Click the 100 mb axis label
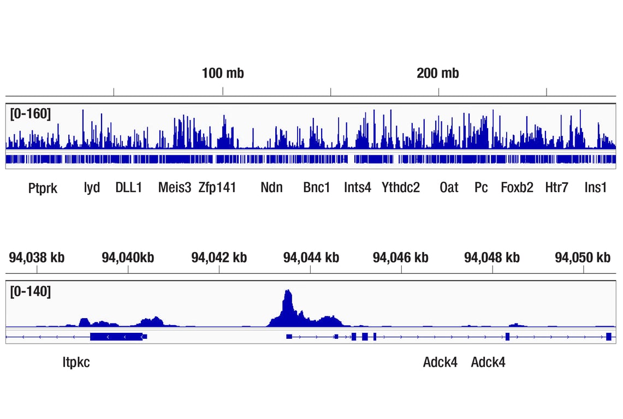point(223,73)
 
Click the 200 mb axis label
point(438,73)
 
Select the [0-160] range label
point(31,113)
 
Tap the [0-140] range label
point(31,292)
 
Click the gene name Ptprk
point(43,188)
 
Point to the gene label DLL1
point(129,188)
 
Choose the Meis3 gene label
point(175,188)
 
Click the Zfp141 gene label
point(217,188)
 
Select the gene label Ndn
point(271,188)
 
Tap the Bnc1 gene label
point(317,188)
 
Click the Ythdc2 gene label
point(401,188)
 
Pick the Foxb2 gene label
point(517,188)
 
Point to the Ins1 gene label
point(595,188)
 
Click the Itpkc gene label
point(76,362)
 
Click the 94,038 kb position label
point(37,258)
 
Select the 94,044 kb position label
point(311,258)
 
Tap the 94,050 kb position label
point(583,258)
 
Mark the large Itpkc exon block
point(116,337)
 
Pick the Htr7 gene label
point(556,188)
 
